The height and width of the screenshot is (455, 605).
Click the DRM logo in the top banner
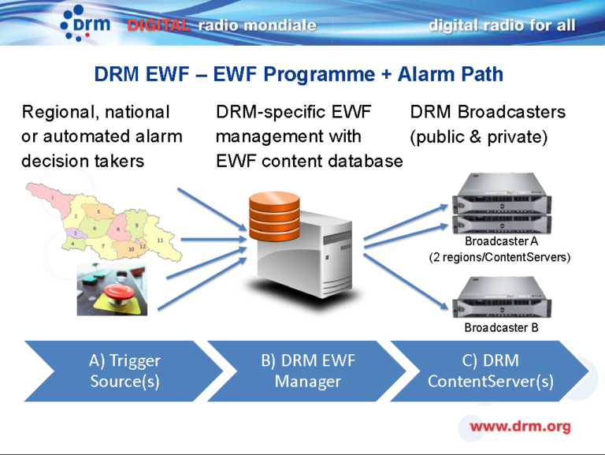point(84,24)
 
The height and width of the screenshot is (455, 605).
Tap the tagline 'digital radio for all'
point(502,25)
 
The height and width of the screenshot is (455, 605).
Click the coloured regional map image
point(102,221)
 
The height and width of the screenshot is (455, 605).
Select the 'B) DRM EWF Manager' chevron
point(307,371)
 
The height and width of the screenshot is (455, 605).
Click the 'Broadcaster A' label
point(501,241)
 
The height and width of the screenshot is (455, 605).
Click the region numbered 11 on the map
point(160,239)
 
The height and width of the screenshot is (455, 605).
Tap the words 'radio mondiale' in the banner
point(257,25)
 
